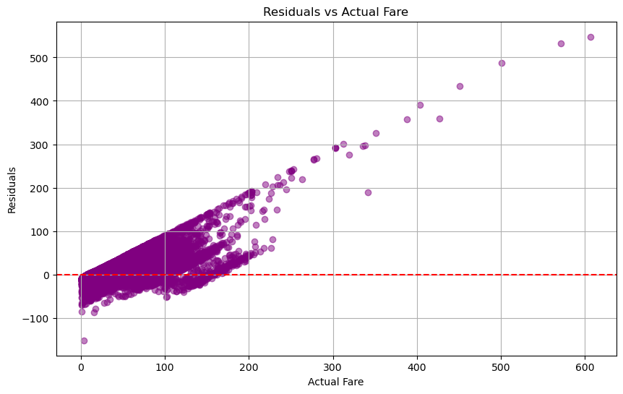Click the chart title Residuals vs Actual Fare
tap(335, 12)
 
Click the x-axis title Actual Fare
tap(335, 382)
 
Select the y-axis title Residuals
tap(12, 190)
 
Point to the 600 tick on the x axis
tap(585, 368)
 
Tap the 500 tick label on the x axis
tap(501, 368)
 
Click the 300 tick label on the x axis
tap(333, 368)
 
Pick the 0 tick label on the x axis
tap(81, 368)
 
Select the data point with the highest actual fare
tap(590, 37)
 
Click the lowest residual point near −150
tap(85, 341)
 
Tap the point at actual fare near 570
tap(561, 43)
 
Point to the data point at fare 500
tap(502, 63)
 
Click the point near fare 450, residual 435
tap(460, 86)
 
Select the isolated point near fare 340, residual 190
tap(368, 193)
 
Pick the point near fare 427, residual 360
tap(439, 119)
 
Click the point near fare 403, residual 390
tap(420, 106)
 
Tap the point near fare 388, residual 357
tap(407, 120)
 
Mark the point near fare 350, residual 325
tap(376, 134)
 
